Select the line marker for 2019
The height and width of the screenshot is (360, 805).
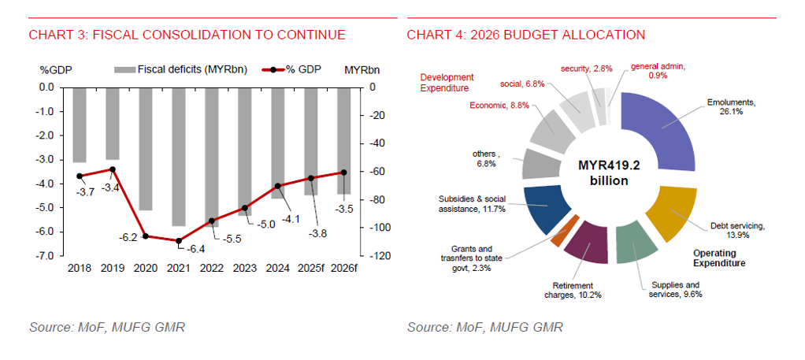point(113,169)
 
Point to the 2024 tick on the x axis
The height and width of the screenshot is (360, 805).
point(278,268)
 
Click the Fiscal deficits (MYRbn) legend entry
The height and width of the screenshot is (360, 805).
point(181,69)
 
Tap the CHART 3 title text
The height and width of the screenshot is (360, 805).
point(187,35)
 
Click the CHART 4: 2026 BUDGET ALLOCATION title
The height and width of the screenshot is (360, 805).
point(526,35)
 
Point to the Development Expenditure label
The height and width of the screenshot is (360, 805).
point(447,83)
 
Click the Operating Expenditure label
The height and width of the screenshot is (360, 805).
point(718,258)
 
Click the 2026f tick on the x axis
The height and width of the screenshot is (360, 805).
point(344,268)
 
